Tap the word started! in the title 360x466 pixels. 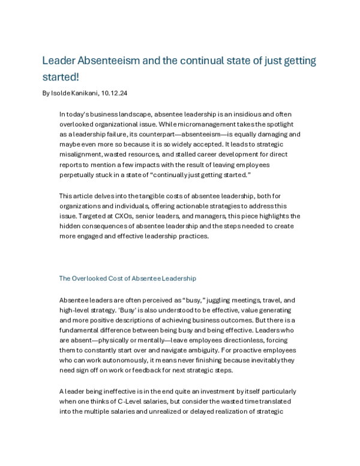click(x=63, y=79)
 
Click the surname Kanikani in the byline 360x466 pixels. click(x=90, y=94)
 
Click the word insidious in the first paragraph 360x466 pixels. click(x=251, y=113)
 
